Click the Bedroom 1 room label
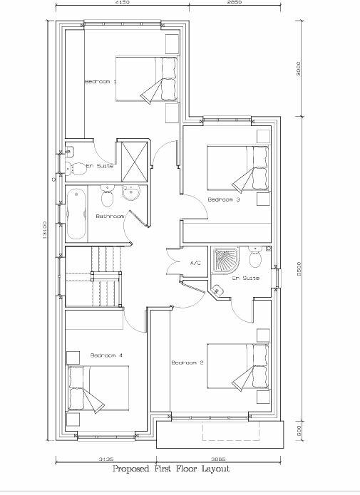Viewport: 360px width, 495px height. tap(101, 82)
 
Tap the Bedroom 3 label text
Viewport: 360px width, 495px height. tap(223, 200)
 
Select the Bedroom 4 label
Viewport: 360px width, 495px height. tap(107, 355)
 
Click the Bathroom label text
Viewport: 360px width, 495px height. tap(110, 216)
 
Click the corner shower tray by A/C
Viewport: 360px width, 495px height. tap(226, 261)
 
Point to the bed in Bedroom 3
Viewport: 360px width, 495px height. tap(238, 167)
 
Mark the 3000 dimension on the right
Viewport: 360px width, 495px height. tap(299, 68)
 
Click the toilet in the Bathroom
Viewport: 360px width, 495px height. tap(107, 193)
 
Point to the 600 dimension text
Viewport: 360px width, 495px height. tap(299, 429)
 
